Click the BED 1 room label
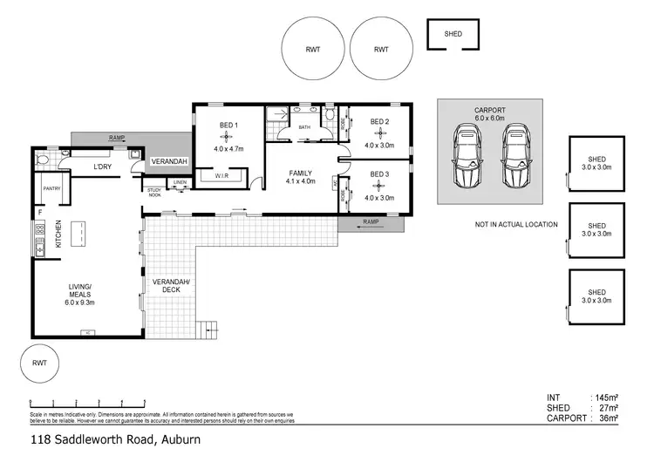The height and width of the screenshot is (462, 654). point(228,125)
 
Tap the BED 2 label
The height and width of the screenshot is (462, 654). point(378,121)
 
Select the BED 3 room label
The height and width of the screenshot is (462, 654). point(378,174)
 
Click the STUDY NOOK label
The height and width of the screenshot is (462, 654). point(154,192)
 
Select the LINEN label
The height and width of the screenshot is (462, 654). point(180,182)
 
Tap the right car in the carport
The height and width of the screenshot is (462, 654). point(516,157)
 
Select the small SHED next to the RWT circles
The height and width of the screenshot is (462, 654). point(453,35)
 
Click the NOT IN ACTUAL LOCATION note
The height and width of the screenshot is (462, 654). point(516,225)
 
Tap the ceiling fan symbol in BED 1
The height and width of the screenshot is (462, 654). point(228,137)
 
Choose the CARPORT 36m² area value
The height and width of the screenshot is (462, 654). point(608,418)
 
